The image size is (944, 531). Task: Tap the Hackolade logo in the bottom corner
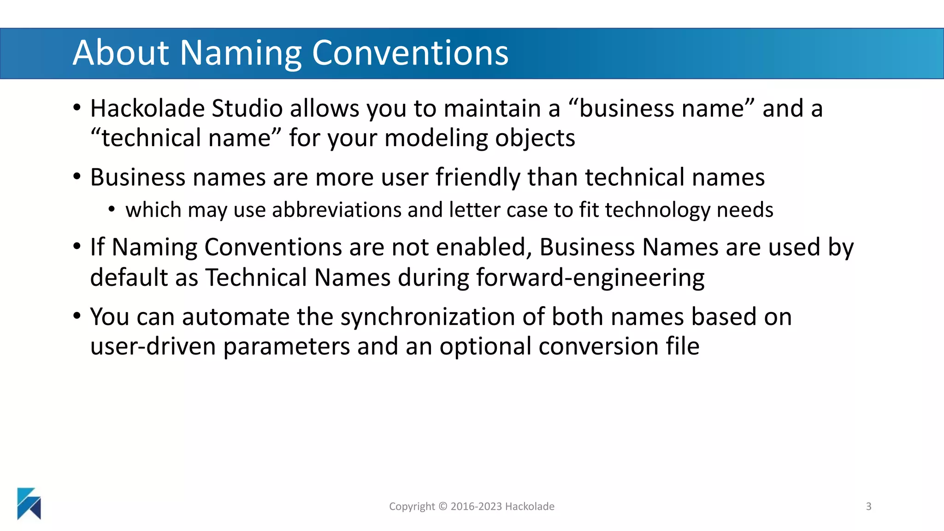29,503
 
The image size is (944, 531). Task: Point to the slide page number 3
868,507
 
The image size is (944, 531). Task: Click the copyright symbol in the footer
442,507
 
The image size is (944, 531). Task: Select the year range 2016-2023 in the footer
476,507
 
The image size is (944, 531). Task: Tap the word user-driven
153,347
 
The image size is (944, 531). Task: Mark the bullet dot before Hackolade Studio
77,108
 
